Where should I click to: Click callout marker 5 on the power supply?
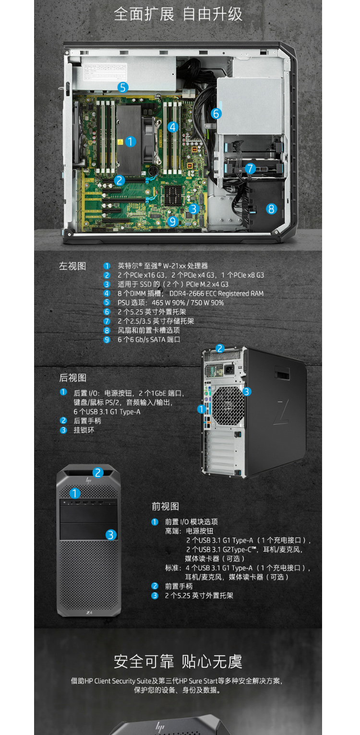(123, 87)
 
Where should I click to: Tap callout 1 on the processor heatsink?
(131, 142)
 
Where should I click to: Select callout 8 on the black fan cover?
(271, 209)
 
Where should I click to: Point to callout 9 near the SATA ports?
(173, 221)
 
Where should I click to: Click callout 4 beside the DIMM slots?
(173, 127)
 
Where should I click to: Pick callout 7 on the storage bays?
(250, 169)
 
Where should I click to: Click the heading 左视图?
(72, 266)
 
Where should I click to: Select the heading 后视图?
(72, 378)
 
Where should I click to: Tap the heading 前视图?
(165, 506)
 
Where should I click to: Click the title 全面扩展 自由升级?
(178, 14)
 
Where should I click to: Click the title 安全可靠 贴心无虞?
(178, 662)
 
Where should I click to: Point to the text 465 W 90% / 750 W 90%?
(188, 303)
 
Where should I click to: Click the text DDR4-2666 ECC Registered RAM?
(216, 294)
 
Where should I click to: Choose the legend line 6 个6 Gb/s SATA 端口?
(149, 339)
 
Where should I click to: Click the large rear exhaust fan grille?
(228, 406)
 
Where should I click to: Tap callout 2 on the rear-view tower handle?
(220, 349)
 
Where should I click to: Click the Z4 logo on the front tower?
(89, 613)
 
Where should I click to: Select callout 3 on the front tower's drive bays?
(110, 535)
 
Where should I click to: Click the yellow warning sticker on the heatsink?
(120, 142)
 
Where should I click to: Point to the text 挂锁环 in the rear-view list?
(84, 430)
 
